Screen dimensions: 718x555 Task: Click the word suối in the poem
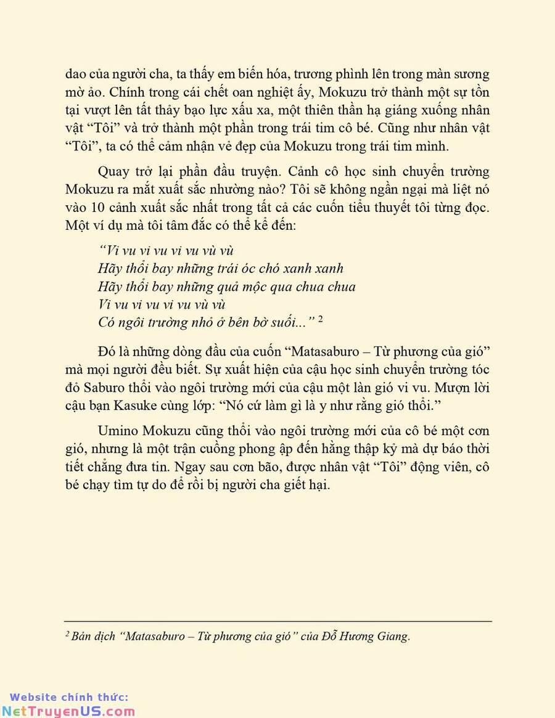[x=290, y=321]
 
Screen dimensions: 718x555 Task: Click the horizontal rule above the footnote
[x=277, y=621]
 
